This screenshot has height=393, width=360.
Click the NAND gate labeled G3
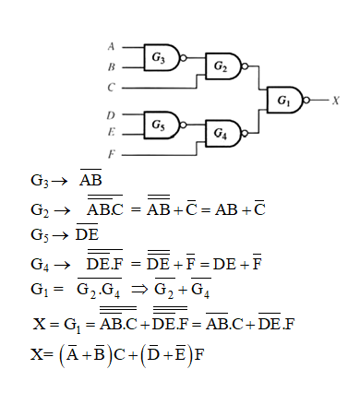point(160,57)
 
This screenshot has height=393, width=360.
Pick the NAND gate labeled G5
point(160,123)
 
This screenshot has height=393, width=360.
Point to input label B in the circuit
point(111,66)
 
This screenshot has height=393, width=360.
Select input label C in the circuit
point(111,88)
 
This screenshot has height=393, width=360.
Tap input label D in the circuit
point(111,114)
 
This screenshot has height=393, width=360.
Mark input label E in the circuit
point(111,133)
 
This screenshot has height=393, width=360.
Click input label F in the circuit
point(111,154)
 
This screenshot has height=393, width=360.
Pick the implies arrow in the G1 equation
point(139,292)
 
